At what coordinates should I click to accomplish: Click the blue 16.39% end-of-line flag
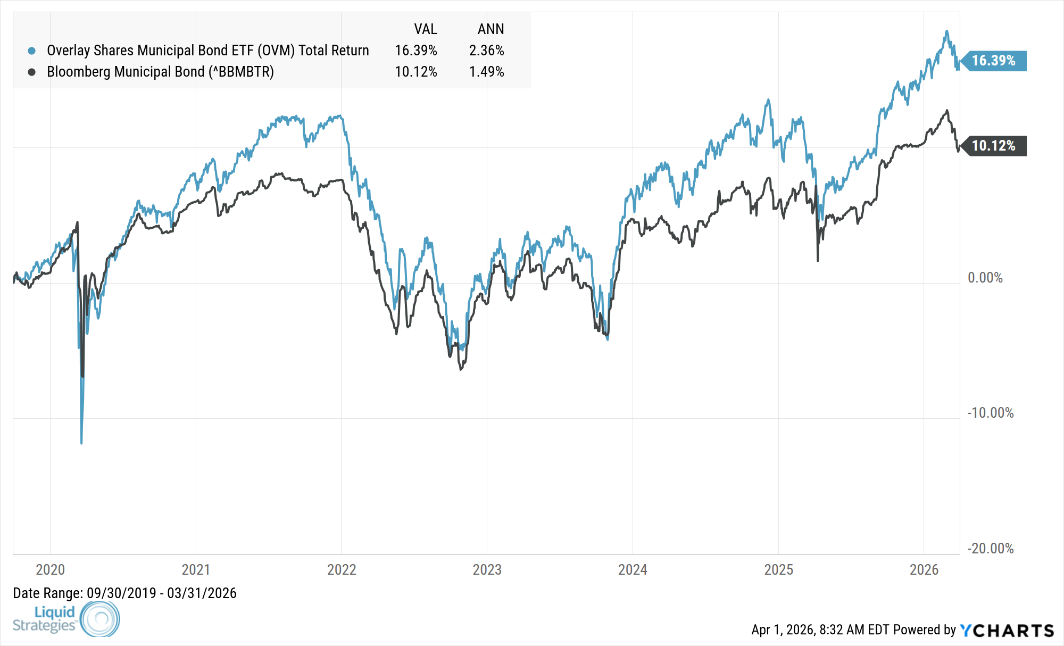click(x=994, y=61)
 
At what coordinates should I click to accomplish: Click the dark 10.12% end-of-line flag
click(x=994, y=146)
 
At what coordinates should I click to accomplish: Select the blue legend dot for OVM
click(x=32, y=51)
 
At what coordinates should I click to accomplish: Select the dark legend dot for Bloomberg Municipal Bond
click(x=32, y=72)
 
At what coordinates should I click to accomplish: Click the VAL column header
click(x=426, y=29)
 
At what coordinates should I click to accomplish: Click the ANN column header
click(x=491, y=29)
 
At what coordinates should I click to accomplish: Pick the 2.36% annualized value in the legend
click(x=486, y=51)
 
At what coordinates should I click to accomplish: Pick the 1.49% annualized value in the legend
click(x=486, y=72)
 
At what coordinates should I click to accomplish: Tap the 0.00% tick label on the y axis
click(x=985, y=278)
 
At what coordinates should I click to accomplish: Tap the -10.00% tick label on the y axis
click(x=990, y=413)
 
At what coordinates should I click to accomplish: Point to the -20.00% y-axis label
click(x=990, y=549)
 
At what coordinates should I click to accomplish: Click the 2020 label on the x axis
click(x=50, y=570)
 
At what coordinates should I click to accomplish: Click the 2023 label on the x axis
click(x=487, y=570)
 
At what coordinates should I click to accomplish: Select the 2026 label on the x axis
click(x=924, y=570)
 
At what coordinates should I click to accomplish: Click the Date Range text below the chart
click(x=124, y=593)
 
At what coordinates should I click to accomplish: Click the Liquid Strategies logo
click(x=66, y=619)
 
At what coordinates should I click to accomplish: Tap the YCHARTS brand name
click(x=1007, y=631)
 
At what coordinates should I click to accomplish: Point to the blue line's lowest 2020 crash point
click(x=81, y=443)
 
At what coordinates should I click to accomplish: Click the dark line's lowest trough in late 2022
click(x=461, y=369)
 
